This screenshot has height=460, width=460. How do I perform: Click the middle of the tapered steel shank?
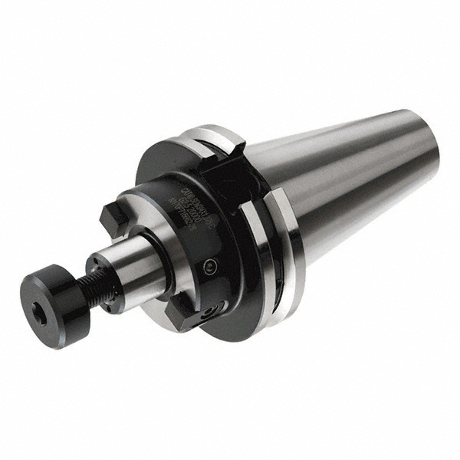coord(337,184)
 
